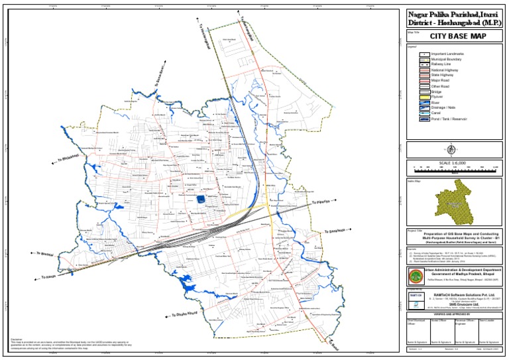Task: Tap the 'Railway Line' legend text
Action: point(441,64)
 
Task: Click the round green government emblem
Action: point(416,275)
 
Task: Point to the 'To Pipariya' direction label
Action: point(321,203)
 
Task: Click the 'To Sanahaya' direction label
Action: point(335,231)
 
